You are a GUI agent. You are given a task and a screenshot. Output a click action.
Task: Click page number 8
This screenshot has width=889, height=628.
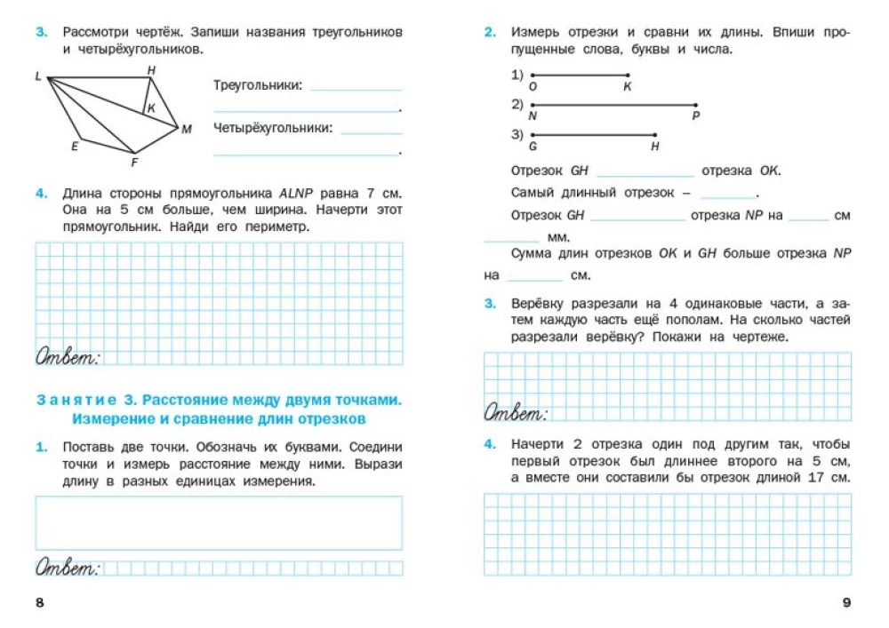[39, 604]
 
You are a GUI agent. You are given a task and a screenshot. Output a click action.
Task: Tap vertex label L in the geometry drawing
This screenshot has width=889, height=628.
[38, 76]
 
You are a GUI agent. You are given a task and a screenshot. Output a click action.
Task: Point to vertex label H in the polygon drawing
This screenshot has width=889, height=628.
[151, 69]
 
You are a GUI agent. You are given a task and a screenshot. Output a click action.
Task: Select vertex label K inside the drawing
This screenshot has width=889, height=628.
[151, 107]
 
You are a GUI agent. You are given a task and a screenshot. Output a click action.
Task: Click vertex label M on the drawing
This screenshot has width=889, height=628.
[187, 130]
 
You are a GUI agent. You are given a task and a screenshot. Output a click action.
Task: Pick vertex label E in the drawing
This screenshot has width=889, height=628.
[75, 147]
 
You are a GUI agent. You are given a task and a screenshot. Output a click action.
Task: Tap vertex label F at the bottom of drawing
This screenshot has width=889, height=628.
[134, 163]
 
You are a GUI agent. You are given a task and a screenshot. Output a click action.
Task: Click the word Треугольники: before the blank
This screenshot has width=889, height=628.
[258, 85]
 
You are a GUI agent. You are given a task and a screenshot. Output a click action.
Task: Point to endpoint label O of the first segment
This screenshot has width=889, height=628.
[533, 87]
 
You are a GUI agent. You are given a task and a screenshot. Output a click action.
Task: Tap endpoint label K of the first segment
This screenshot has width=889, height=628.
[627, 87]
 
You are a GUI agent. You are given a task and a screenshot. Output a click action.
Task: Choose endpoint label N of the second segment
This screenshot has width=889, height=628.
[533, 116]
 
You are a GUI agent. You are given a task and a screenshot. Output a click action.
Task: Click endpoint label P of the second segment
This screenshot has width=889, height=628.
[695, 116]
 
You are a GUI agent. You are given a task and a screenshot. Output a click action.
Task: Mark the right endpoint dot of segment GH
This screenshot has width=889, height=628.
[655, 134]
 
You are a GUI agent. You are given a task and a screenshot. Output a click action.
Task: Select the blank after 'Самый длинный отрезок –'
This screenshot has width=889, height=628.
[727, 194]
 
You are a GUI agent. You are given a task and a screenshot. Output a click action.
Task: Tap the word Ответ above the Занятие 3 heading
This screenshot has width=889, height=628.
[68, 356]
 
